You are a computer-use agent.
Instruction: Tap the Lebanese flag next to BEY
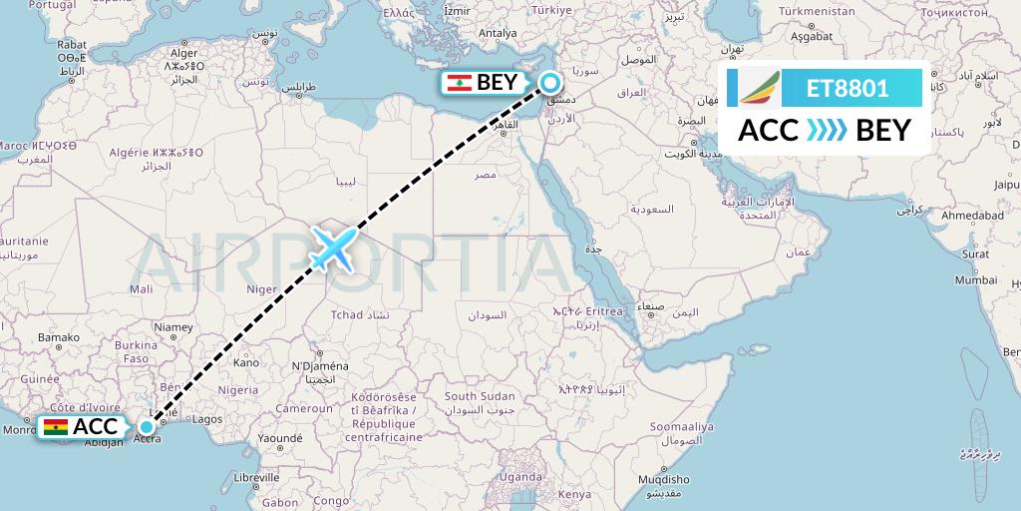click(459, 83)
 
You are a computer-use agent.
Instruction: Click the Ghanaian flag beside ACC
click(55, 428)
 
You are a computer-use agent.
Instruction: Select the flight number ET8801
click(848, 88)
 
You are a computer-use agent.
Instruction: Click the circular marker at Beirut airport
click(550, 85)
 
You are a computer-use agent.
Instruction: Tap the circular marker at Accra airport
click(147, 428)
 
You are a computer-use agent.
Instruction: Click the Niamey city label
click(173, 326)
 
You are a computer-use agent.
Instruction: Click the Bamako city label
click(58, 338)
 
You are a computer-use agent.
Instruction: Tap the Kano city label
click(245, 362)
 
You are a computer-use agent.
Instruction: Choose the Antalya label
click(498, 33)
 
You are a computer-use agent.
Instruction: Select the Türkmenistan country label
click(817, 11)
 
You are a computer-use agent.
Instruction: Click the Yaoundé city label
click(278, 437)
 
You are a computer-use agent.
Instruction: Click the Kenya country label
click(574, 495)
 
